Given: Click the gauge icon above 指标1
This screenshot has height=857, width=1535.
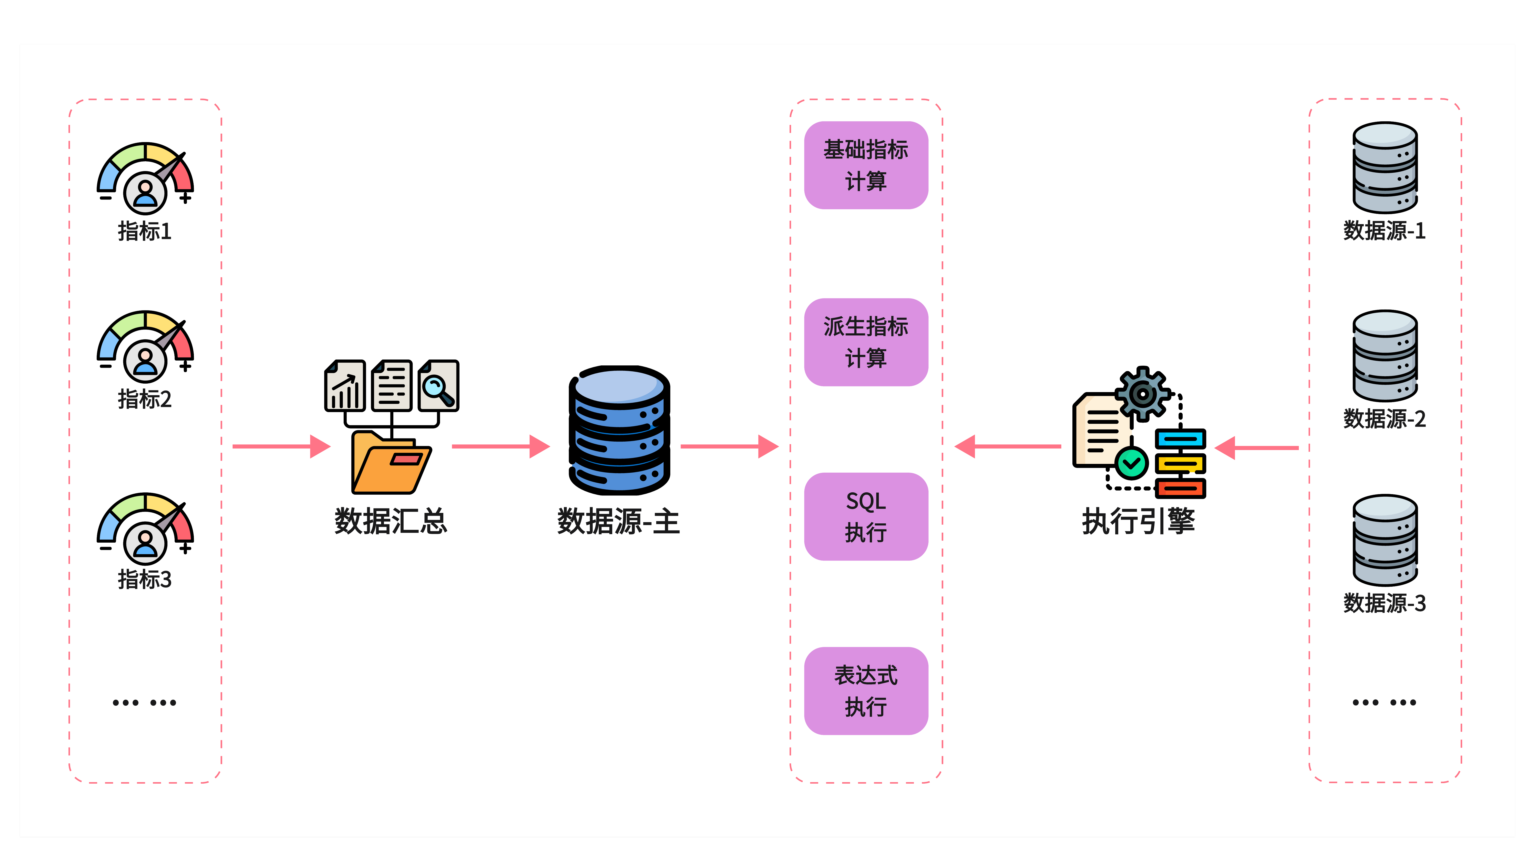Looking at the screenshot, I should pos(145,178).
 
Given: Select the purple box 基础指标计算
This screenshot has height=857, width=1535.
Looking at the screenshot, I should pos(866,165).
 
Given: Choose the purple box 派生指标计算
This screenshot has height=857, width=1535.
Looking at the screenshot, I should pos(866,342).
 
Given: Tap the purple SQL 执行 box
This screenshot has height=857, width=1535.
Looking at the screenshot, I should pos(866,516).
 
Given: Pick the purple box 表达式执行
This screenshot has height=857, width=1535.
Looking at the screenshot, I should pos(866,691).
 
